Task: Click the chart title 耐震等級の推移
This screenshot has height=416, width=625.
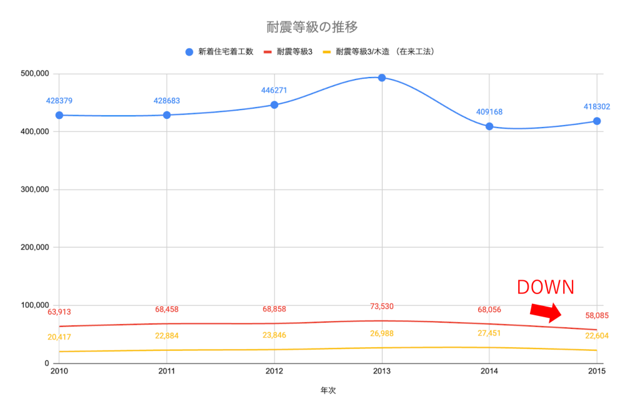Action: pyautogui.click(x=312, y=27)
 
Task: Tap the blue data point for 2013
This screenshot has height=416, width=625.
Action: pyautogui.click(x=382, y=78)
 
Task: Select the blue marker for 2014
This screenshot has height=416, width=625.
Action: pyautogui.click(x=489, y=126)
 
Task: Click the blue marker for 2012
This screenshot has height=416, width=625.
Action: pyautogui.click(x=274, y=104)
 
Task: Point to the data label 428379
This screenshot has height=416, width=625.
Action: pyautogui.click(x=59, y=101)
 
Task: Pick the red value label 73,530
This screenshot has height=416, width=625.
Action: pyautogui.click(x=382, y=306)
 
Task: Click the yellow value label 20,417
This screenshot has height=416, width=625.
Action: pyautogui.click(x=59, y=337)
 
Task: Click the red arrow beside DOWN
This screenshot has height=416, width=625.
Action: pyautogui.click(x=546, y=312)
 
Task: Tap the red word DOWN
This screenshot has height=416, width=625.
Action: pyautogui.click(x=545, y=287)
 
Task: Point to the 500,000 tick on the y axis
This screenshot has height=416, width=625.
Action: pyautogui.click(x=35, y=74)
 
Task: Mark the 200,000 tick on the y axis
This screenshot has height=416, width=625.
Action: pyautogui.click(x=35, y=248)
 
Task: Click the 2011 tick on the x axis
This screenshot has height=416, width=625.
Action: pyautogui.click(x=167, y=372)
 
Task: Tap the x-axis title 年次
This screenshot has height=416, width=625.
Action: pyautogui.click(x=329, y=390)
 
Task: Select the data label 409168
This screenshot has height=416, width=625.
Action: pyautogui.click(x=489, y=112)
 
